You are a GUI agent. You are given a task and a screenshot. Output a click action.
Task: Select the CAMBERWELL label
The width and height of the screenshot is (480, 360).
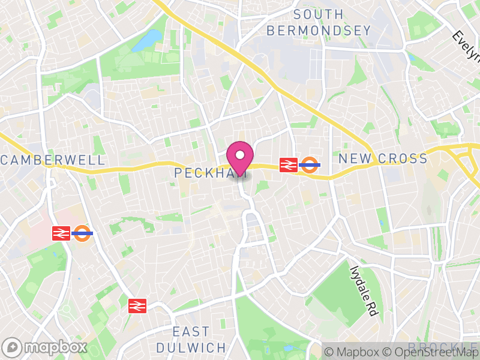53,160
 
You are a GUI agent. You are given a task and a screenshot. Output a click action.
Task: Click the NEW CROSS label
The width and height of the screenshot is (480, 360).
383,159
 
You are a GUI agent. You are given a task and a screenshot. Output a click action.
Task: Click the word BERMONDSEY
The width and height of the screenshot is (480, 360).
319,29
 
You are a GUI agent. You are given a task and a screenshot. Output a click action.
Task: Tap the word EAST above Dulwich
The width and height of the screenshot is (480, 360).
191,332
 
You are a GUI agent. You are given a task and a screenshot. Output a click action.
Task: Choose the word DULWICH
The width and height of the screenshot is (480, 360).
191,347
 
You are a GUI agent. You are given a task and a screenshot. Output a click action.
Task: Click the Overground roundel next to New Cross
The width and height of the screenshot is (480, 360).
310,164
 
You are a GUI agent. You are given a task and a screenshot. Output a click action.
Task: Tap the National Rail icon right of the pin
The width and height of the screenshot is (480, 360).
289,164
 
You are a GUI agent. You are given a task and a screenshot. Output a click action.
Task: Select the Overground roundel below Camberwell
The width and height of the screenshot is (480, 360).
82,233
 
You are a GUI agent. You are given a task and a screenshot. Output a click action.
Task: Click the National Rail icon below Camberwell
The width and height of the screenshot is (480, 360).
61,233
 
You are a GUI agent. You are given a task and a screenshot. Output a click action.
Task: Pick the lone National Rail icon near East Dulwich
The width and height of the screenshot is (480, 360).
137,306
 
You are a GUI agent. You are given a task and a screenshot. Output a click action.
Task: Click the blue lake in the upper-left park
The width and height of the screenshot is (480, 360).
147,41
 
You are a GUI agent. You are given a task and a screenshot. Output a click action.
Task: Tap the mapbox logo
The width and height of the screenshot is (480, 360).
45,347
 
